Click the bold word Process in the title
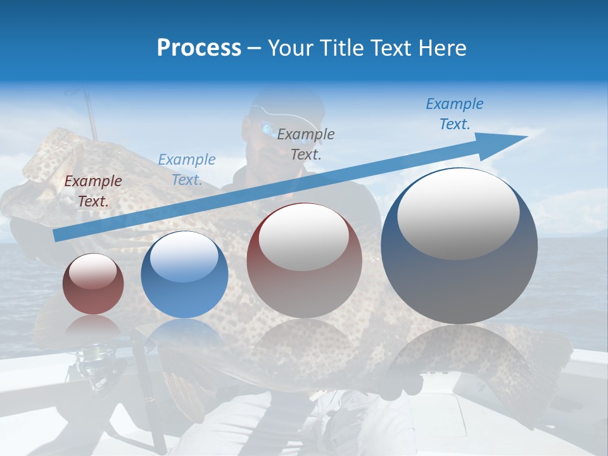[199, 48]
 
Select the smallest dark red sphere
[93, 284]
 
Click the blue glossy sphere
[184, 275]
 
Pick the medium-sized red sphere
[304, 261]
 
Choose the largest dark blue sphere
[459, 246]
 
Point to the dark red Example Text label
[93, 191]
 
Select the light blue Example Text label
[186, 170]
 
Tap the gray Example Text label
[306, 144]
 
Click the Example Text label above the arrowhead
[455, 114]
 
